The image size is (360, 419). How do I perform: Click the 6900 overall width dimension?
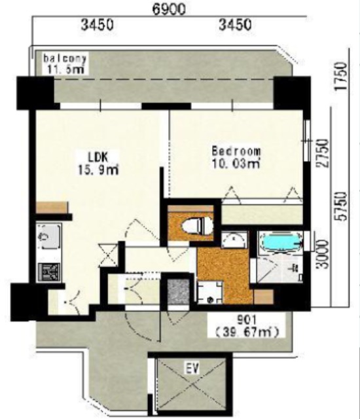[x=169, y=10]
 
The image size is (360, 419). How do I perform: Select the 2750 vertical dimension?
[x=322, y=153]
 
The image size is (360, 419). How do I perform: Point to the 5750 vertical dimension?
[x=342, y=206]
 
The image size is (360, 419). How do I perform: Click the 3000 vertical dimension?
[x=322, y=254]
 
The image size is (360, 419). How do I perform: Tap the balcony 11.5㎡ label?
[x=65, y=64]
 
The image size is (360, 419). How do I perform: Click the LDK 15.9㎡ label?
[x=98, y=163]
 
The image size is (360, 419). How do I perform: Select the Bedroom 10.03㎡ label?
[x=236, y=157]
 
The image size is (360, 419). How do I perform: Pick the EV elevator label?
[x=192, y=369]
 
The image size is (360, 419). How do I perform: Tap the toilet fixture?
[x=198, y=226]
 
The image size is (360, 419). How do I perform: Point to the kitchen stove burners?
[x=49, y=272]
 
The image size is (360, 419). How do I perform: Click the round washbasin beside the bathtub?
[x=234, y=240]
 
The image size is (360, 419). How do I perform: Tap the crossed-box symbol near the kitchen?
[x=108, y=255]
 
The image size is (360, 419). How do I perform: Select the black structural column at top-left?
[x=35, y=93]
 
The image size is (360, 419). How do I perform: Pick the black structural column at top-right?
[x=292, y=93]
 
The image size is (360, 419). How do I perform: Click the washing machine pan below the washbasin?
[x=210, y=293]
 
